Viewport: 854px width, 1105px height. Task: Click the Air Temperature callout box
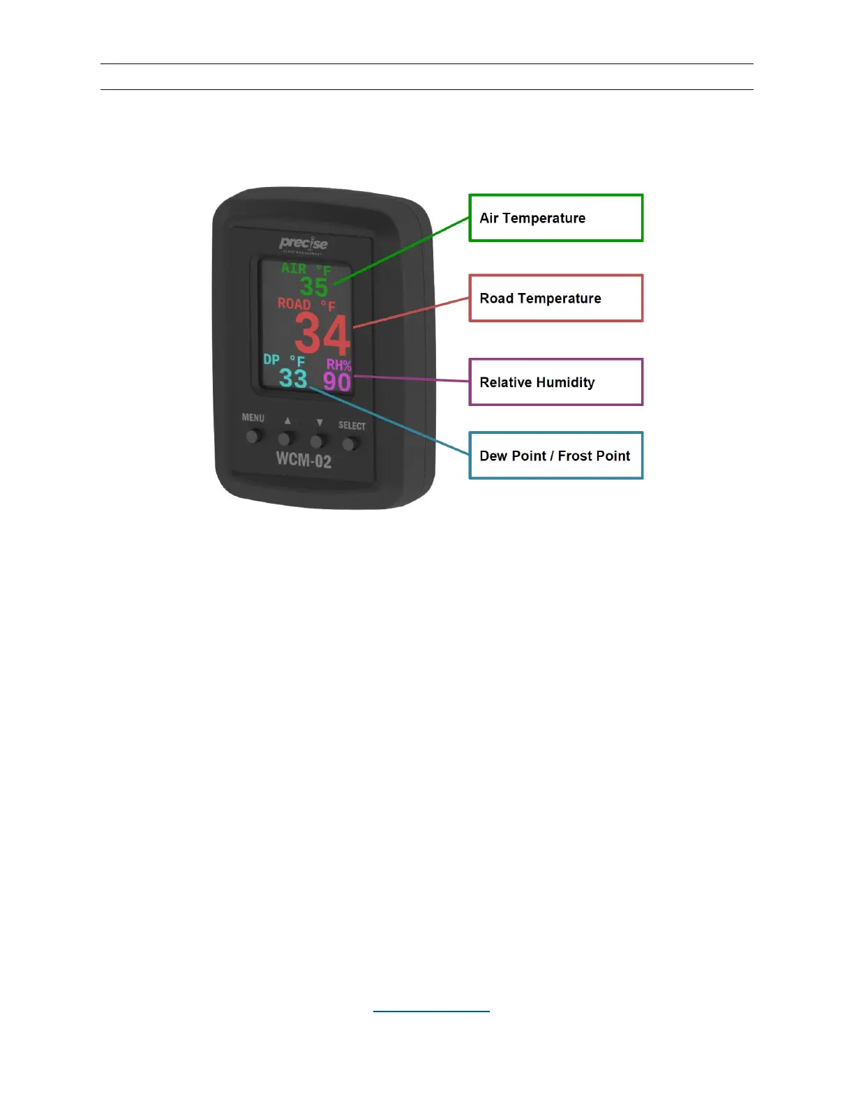pos(555,218)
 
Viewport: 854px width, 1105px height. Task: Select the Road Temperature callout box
pos(555,298)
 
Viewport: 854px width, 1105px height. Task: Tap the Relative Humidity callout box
pos(555,382)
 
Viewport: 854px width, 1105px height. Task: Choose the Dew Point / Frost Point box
pos(555,456)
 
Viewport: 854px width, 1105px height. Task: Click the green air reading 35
pos(314,287)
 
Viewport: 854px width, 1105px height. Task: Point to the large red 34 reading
pos(322,334)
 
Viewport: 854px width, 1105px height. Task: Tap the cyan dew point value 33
pos(293,379)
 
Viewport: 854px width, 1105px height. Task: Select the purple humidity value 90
pos(337,382)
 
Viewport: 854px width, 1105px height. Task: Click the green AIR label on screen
pos(294,269)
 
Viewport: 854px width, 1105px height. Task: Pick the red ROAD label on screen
pos(294,303)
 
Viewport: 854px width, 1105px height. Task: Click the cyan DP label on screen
pos(271,359)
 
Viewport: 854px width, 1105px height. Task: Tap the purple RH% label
pos(339,365)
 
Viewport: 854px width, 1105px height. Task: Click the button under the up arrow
pos(285,439)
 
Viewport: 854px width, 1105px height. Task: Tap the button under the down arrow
pos(317,442)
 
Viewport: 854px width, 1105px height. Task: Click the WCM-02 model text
pos(304,459)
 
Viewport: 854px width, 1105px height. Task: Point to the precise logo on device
pos(304,243)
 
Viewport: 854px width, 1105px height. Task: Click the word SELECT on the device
pos(352,426)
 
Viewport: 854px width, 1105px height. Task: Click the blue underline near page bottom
pos(431,1011)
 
